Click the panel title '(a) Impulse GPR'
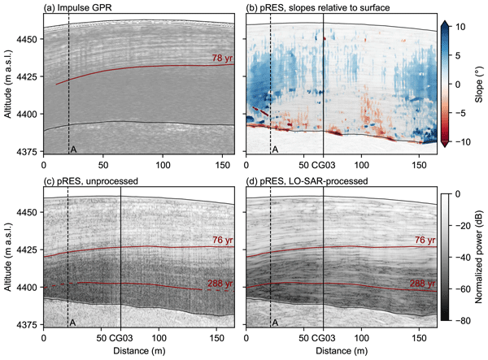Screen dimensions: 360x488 (x=79, y=7)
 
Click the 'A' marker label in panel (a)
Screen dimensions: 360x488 (x=74, y=150)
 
